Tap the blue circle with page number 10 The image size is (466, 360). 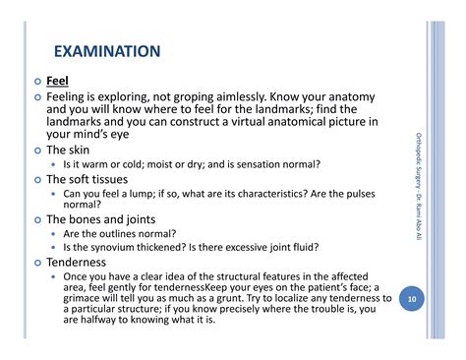tap(413, 296)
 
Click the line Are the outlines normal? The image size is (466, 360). tap(120, 234)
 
